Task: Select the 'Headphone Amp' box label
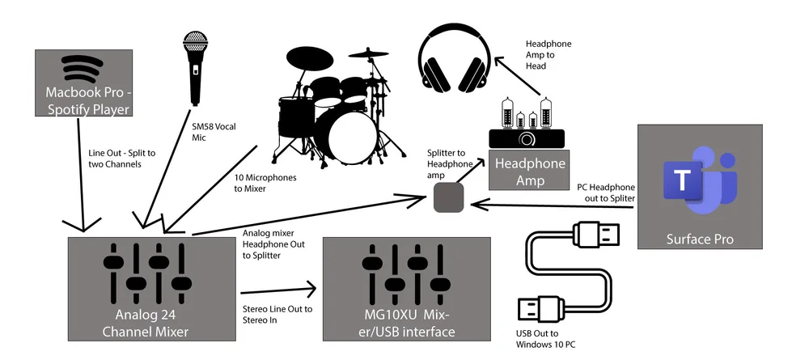coord(530,171)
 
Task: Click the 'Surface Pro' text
coord(698,239)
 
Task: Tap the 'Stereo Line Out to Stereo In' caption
coord(277,314)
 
